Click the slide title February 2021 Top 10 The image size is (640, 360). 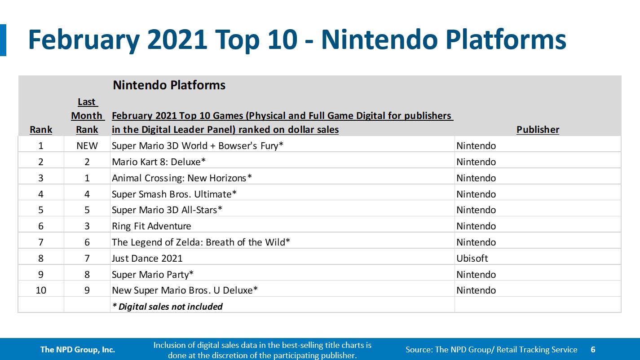[x=296, y=40]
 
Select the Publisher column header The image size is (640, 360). [x=538, y=130]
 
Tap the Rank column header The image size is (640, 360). [x=41, y=130]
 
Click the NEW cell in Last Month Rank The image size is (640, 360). [x=87, y=146]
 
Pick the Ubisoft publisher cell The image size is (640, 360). [x=472, y=258]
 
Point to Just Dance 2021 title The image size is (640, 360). [x=147, y=258]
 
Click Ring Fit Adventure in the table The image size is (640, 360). [x=151, y=226]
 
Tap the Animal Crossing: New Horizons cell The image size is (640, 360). [x=182, y=178]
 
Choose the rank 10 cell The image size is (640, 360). [x=41, y=290]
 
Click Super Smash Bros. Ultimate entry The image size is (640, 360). [x=174, y=194]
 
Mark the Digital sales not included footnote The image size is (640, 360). [x=167, y=307]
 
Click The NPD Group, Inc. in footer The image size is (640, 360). [x=78, y=350]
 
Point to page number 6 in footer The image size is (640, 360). [x=593, y=350]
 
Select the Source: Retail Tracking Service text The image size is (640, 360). [x=491, y=350]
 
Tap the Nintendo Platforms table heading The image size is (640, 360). [x=169, y=85]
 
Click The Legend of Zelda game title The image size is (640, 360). [x=201, y=242]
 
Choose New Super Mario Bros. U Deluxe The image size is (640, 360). [x=185, y=290]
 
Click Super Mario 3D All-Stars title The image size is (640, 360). [x=167, y=210]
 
